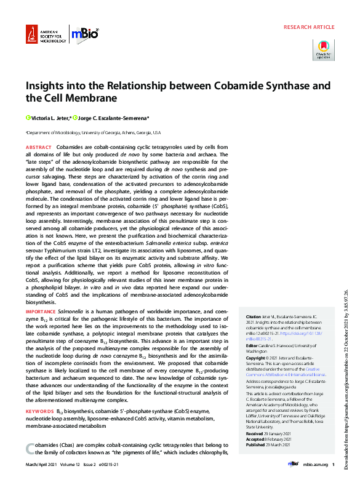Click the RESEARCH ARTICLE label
309,28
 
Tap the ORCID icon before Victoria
28,117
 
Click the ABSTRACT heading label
38,148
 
